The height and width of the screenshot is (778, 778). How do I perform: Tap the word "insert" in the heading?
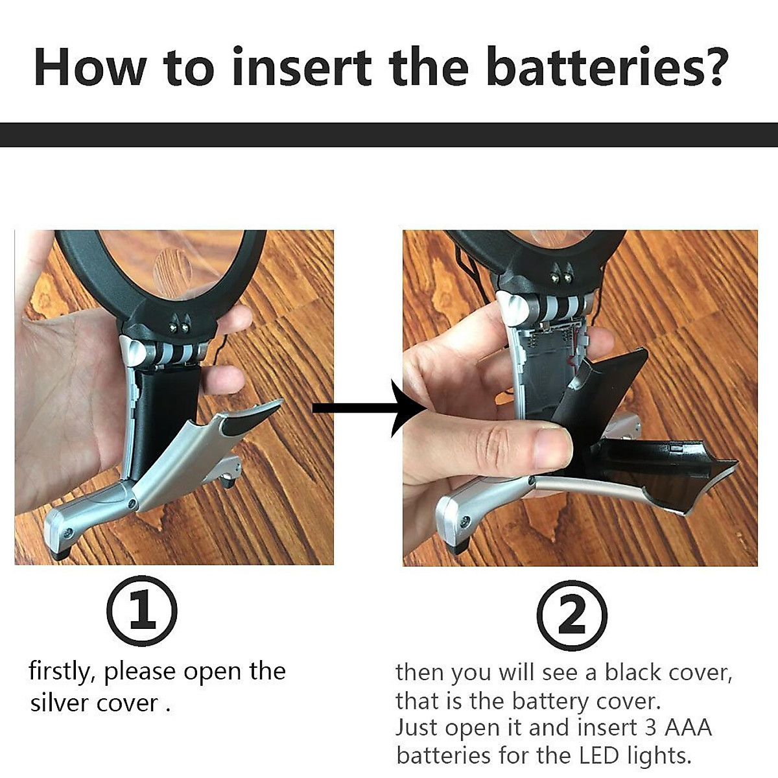pos(301,67)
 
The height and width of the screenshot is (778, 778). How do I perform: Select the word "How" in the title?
pos(90,67)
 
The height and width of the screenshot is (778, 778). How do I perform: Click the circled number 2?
pos(572,615)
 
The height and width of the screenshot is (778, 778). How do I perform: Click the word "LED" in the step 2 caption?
pos(598,756)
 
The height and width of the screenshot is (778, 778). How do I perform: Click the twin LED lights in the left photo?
pos(180,327)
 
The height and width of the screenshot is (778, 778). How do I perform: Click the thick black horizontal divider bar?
pos(389,135)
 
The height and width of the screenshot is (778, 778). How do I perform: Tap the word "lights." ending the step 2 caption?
pos(659,756)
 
